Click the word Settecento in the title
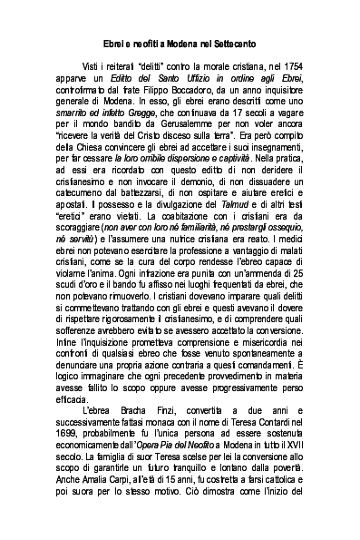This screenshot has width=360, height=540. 231,43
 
